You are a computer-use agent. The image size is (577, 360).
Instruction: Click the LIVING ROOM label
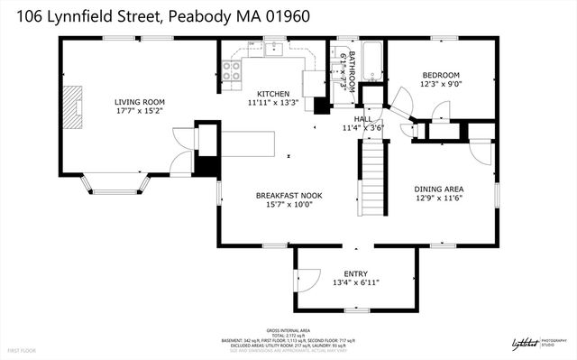[x=138, y=102]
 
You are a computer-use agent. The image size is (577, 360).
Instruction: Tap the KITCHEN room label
[x=273, y=94]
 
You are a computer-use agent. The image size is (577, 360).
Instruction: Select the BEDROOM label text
[x=441, y=75]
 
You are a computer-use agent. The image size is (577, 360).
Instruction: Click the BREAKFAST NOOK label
[x=288, y=195]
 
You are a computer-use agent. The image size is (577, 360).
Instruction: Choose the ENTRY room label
[x=356, y=273]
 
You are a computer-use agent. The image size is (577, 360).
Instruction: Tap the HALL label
[x=362, y=118]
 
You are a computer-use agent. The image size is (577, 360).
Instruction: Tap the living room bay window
[x=117, y=184]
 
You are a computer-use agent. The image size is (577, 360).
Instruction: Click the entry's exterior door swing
[x=307, y=281]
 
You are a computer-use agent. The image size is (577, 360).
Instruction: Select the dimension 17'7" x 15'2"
[x=138, y=112]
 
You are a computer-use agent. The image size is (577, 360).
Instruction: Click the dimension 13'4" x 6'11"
[x=356, y=283]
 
